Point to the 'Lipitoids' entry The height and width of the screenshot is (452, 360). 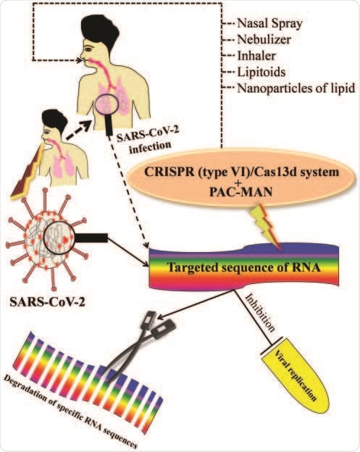pos(262,72)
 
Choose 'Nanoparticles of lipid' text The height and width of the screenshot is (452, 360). pos(293,89)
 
